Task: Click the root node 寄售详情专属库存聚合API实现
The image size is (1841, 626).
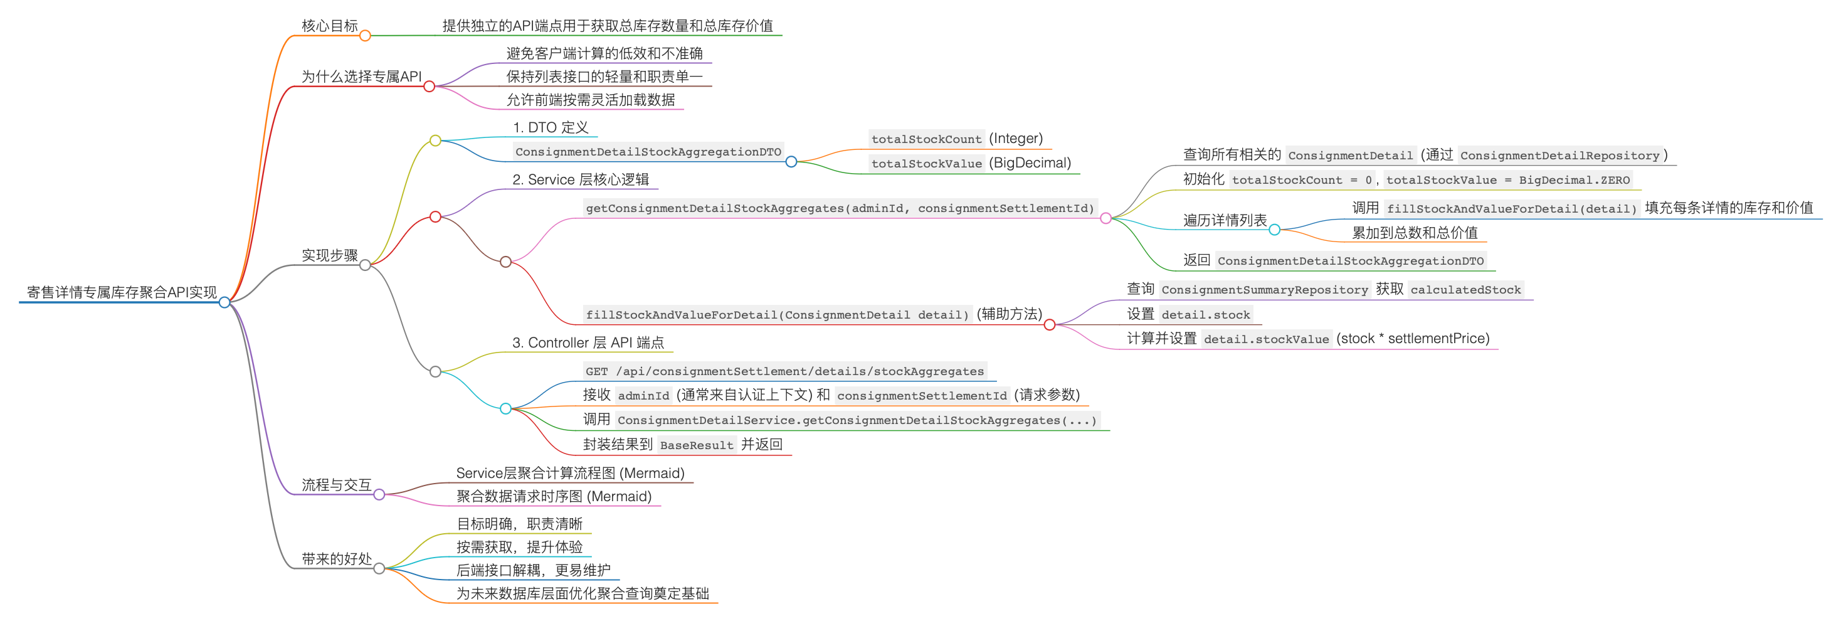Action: (x=122, y=292)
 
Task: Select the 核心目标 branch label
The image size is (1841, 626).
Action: (x=329, y=26)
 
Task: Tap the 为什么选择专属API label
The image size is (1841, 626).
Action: (x=361, y=77)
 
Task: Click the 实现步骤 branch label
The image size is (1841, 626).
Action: (x=329, y=256)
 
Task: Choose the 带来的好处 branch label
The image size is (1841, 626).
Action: (x=337, y=559)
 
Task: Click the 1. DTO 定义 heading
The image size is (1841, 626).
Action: (x=551, y=128)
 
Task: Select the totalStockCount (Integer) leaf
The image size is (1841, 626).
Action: (x=956, y=139)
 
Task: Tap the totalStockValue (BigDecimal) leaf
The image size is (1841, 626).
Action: (x=971, y=163)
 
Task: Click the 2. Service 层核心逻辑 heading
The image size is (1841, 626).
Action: (x=580, y=180)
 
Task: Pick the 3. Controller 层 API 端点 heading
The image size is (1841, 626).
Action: (x=588, y=343)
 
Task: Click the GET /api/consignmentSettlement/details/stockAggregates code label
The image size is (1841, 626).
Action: (x=784, y=371)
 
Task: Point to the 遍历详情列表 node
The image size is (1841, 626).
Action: (x=1224, y=220)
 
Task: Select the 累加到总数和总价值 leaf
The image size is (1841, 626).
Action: (x=1415, y=233)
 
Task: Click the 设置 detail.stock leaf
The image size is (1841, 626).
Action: (x=1188, y=314)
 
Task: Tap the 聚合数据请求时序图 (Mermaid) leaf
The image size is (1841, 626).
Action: (x=554, y=497)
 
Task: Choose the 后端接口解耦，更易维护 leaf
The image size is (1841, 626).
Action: (x=533, y=570)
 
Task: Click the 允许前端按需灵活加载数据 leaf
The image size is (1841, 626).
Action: (x=590, y=100)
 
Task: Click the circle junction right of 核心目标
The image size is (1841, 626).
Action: (x=365, y=36)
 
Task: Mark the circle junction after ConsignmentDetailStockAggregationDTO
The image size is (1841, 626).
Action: (x=791, y=162)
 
